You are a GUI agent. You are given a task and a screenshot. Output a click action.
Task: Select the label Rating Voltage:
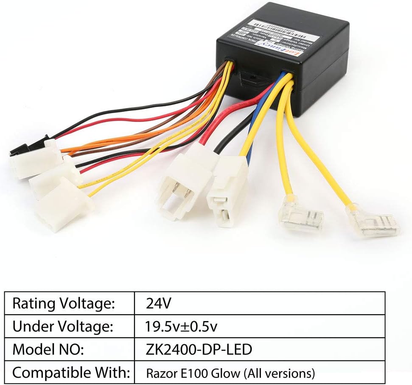coord(64,303)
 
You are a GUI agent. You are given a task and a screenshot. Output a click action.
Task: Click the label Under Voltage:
coord(63,327)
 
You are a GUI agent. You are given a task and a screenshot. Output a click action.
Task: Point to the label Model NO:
coord(50,349)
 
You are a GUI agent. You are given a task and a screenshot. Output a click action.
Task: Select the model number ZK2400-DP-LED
coord(199,349)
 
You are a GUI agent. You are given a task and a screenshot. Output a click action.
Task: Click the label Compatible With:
coord(70,373)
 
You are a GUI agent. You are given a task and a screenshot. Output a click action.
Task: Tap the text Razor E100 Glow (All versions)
coord(230,374)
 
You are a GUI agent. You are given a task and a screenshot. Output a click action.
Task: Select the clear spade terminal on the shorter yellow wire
coord(300,216)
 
